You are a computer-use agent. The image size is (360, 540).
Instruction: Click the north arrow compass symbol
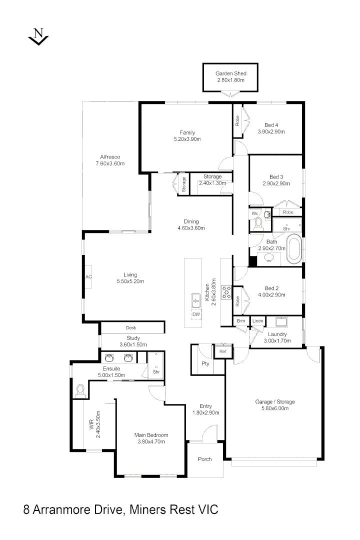click(x=38, y=37)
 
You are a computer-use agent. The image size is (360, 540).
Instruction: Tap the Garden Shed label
click(x=230, y=73)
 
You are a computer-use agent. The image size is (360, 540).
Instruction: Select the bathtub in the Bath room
click(x=293, y=249)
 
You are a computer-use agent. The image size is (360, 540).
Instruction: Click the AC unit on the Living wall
click(x=88, y=276)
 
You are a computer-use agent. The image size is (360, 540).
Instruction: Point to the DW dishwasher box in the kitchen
click(x=196, y=314)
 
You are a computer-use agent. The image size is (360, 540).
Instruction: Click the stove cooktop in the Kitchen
click(x=225, y=292)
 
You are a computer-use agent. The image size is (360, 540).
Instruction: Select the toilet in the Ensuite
click(x=79, y=390)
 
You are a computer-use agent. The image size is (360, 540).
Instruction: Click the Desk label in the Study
click(x=131, y=328)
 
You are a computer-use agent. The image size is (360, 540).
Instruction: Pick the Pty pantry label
click(x=205, y=363)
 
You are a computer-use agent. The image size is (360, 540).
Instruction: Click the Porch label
click(x=205, y=459)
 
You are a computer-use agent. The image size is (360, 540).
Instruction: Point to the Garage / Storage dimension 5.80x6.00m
click(x=274, y=408)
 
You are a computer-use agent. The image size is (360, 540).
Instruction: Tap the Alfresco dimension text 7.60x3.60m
click(x=110, y=163)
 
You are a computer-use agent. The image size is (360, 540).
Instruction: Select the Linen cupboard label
click(x=257, y=320)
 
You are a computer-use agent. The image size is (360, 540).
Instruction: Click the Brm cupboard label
click(x=241, y=320)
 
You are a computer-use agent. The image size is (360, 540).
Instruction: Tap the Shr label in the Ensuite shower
click(x=141, y=371)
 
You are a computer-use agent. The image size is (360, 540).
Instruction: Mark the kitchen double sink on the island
click(x=195, y=301)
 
